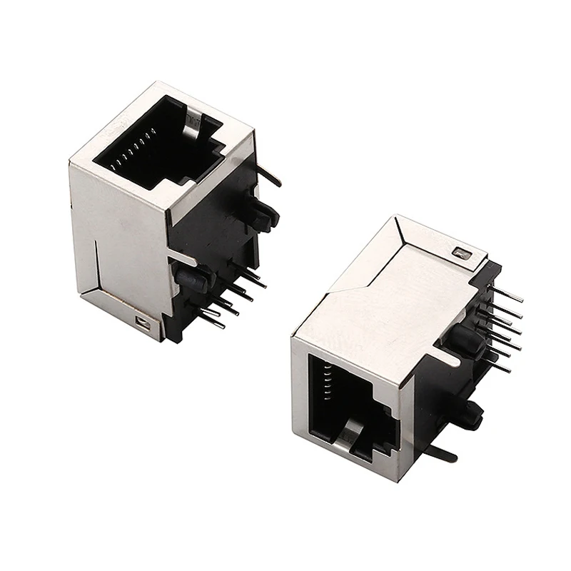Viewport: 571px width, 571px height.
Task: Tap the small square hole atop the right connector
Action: pos(459,252)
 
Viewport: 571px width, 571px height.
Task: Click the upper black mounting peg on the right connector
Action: pos(458,343)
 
